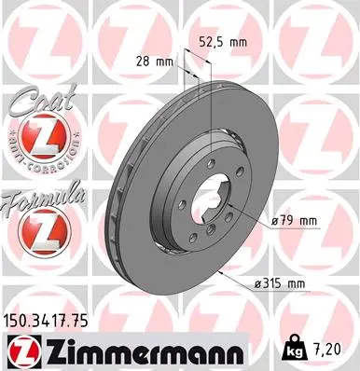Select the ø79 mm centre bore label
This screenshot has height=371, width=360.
[295, 220]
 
